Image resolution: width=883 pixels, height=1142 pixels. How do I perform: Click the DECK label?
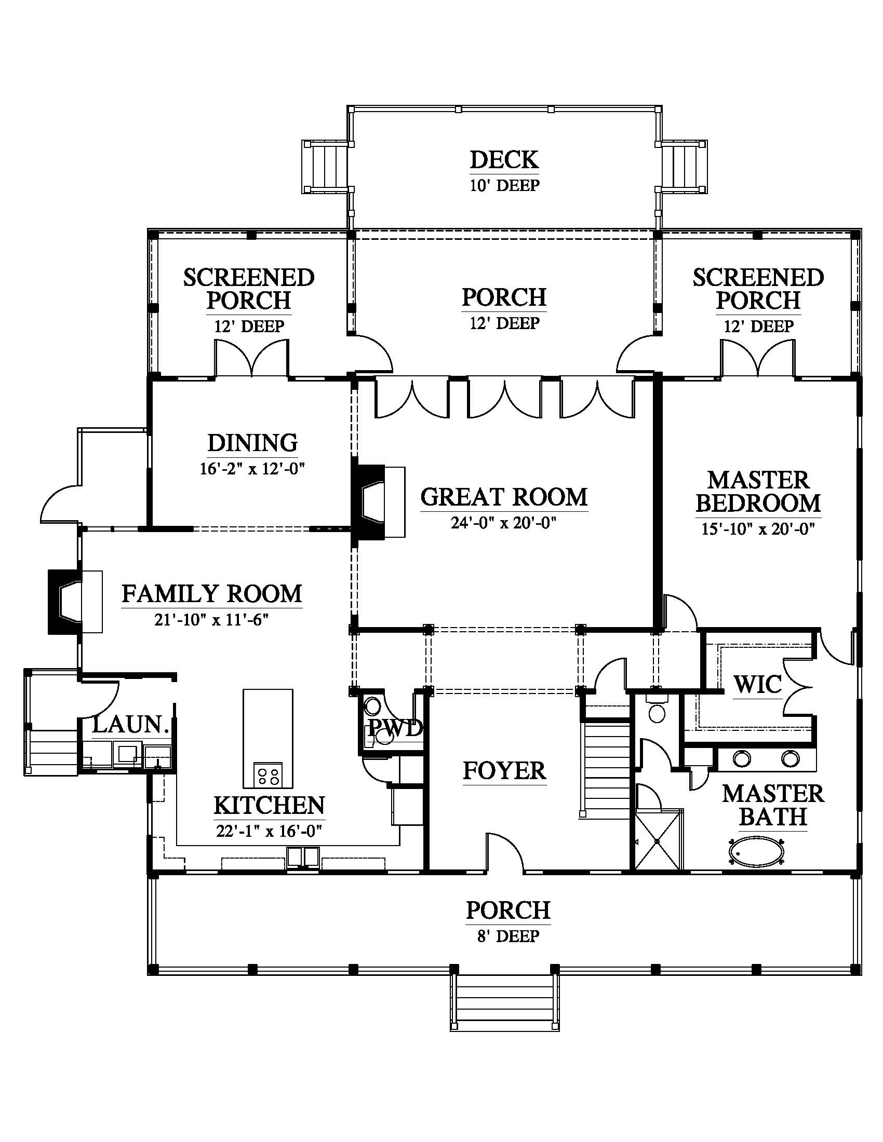click(x=504, y=160)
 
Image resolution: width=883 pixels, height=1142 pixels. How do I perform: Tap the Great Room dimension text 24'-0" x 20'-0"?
click(x=504, y=522)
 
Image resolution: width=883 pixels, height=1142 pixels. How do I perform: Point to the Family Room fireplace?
click(x=75, y=602)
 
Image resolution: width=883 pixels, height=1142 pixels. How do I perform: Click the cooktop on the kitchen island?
click(x=268, y=774)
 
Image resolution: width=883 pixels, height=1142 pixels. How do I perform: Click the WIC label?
click(x=757, y=685)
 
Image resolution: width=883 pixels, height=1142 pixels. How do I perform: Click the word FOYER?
click(x=504, y=771)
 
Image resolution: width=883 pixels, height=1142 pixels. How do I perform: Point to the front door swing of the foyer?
click(x=505, y=852)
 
